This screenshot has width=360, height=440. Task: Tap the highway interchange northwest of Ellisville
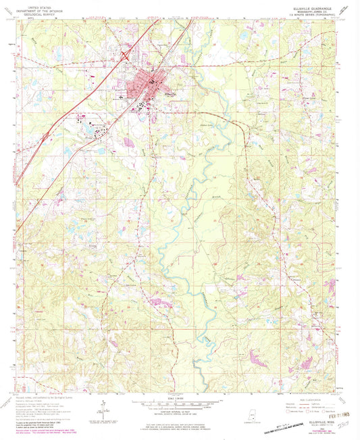point(126,57)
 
